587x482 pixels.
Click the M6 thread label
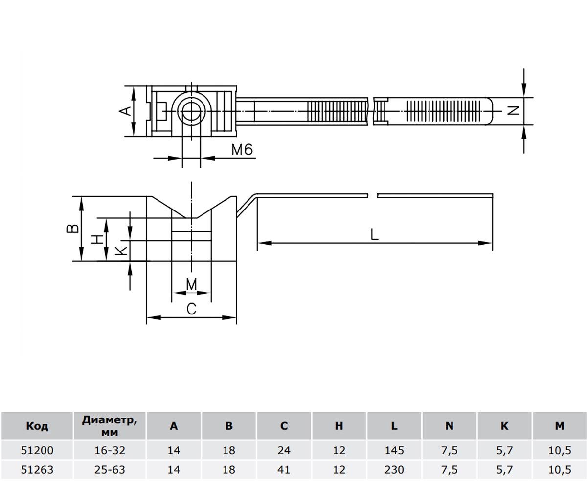point(242,150)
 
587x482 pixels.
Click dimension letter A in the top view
point(126,111)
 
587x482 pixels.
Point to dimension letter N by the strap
point(514,110)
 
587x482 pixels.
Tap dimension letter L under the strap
point(374,234)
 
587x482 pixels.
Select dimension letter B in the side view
point(72,228)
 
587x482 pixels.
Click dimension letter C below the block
point(192,309)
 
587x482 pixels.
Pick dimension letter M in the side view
point(192,284)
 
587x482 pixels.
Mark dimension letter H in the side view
point(99,239)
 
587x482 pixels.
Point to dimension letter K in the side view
point(121,251)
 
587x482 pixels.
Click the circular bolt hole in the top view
point(191,112)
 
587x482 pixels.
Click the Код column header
point(37,426)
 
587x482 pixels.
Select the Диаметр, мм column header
point(110,425)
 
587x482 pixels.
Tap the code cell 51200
point(37,450)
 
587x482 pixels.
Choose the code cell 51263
point(37,470)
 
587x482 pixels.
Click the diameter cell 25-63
point(110,470)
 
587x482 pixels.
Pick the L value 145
point(394,450)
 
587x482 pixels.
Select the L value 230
point(394,470)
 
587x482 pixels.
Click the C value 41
point(284,470)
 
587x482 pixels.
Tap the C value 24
point(284,450)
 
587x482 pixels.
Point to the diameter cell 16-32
point(110,450)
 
